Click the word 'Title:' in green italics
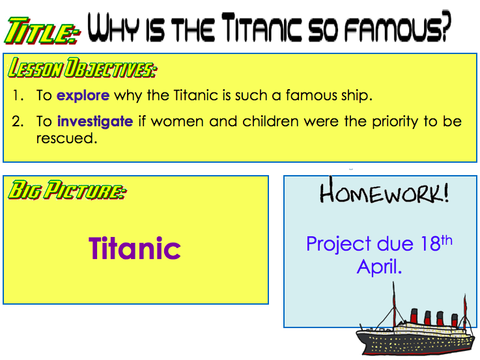[x=42, y=31]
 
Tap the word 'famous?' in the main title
[x=398, y=27]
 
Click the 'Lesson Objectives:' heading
[x=82, y=68]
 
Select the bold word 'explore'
[x=83, y=96]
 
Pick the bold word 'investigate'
[x=95, y=122]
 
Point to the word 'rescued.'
[x=66, y=138]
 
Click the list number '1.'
[x=18, y=96]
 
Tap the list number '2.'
[x=18, y=122]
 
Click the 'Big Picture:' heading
[x=66, y=190]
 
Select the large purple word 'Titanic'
[x=135, y=248]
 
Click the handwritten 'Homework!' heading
[x=384, y=193]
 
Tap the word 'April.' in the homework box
[x=379, y=267]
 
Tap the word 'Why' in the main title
[x=113, y=27]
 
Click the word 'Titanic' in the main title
[x=261, y=27]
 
